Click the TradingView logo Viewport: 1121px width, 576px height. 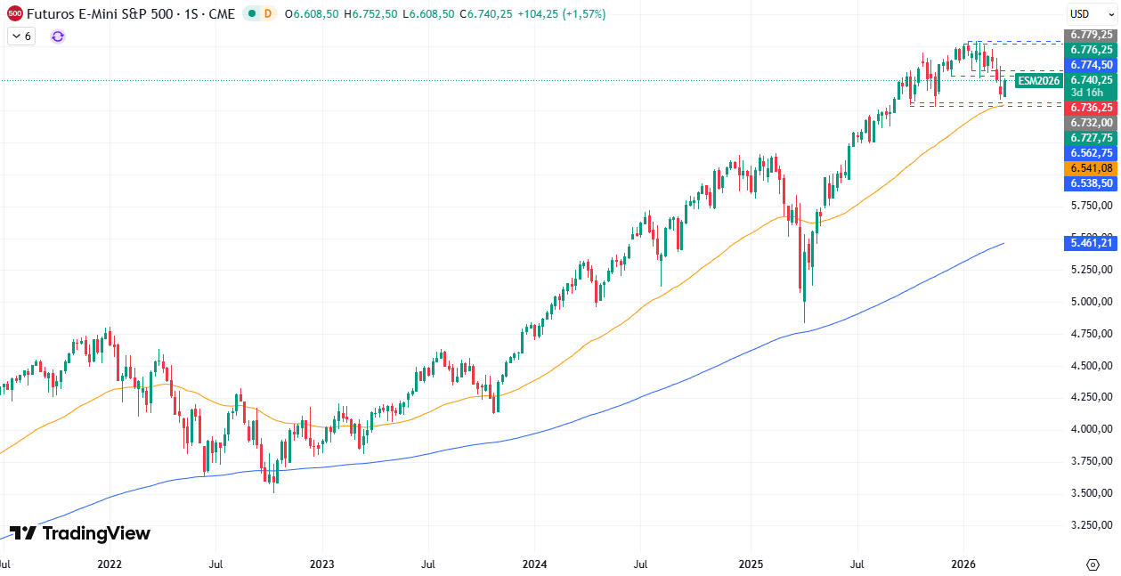[x=80, y=533]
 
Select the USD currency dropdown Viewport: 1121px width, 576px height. [x=1091, y=13]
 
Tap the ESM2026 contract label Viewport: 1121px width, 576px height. [x=1039, y=81]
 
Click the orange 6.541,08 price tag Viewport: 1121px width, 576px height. [x=1091, y=168]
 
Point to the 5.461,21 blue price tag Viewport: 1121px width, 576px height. [x=1091, y=242]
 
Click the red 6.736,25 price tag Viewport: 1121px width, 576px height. [x=1091, y=108]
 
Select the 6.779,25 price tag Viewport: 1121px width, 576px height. [x=1091, y=35]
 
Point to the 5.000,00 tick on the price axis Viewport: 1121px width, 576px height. [x=1091, y=302]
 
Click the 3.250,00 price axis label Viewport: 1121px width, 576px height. [x=1091, y=524]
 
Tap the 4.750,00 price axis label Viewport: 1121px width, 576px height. [x=1091, y=334]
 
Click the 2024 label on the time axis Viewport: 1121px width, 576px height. [x=534, y=564]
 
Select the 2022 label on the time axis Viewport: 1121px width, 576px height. [x=110, y=564]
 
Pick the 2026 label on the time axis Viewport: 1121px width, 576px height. [x=963, y=564]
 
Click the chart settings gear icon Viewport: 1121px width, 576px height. [x=1093, y=564]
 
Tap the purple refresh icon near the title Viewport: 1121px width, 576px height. [x=58, y=36]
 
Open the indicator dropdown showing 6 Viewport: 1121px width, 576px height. [x=21, y=36]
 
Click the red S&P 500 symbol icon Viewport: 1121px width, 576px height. [x=14, y=13]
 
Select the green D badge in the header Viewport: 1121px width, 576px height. [x=268, y=13]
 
